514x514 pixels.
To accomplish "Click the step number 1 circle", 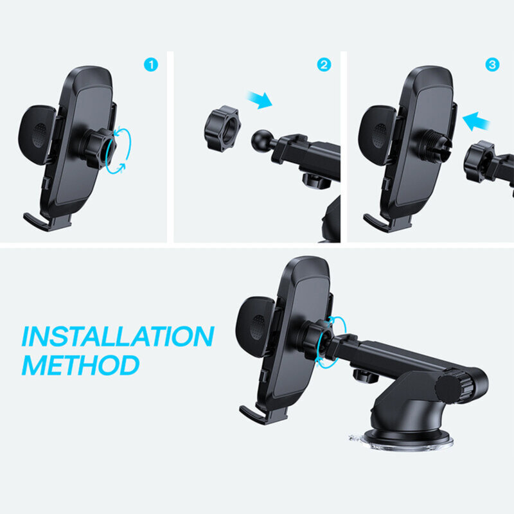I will (151, 65).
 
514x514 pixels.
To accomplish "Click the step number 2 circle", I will (324, 65).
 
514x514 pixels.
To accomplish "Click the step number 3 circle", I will (493, 65).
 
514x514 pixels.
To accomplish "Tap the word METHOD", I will (80, 365).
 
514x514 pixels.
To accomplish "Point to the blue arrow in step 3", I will (475, 120).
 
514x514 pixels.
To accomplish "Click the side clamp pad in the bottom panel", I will (254, 324).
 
